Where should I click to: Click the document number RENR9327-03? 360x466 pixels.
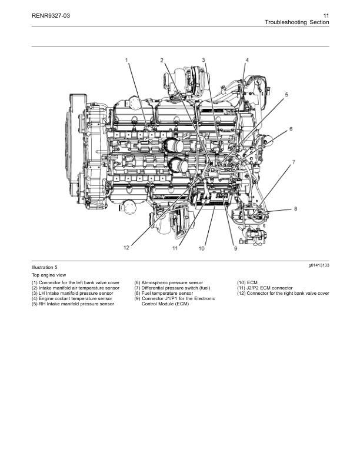pos(51,15)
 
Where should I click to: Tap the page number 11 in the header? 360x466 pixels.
pos(325,15)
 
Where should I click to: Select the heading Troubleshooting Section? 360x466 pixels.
pos(296,22)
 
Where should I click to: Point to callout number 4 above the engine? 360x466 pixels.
pos(247,60)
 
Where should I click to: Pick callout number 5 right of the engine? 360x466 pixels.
pos(286,94)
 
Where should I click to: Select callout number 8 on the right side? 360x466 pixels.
pos(295,209)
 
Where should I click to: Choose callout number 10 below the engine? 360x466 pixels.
pos(202,249)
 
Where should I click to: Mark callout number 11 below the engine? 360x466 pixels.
pos(175,249)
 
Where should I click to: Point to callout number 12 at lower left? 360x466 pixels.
pos(126,248)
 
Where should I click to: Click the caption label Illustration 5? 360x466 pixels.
pos(45,268)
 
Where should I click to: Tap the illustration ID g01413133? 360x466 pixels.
pos(318,266)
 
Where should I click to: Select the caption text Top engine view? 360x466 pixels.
pos(48,275)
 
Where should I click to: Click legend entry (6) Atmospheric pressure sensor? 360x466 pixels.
pos(168,283)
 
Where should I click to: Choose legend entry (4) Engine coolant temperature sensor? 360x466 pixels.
pos(72,299)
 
